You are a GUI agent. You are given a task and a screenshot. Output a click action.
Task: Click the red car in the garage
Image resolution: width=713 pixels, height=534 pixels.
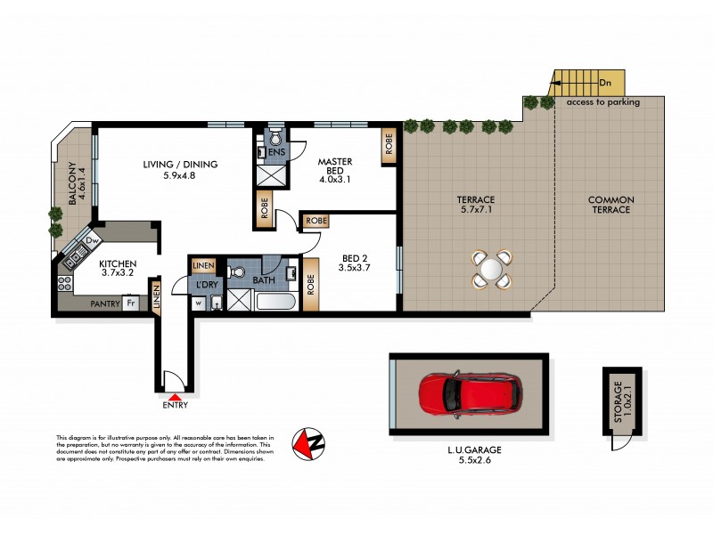pos(467,394)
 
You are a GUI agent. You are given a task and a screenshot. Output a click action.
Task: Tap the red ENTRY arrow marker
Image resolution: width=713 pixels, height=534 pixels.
pos(176,398)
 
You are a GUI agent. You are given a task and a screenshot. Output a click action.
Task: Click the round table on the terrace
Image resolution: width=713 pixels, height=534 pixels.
pos(492,268)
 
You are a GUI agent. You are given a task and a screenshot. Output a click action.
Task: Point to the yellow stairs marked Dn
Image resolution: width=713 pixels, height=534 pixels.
pos(576,84)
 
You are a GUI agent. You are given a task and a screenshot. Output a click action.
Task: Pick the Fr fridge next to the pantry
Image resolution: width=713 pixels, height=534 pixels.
pos(130,303)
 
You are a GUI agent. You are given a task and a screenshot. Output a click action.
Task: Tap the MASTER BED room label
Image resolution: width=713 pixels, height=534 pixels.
pos(336,166)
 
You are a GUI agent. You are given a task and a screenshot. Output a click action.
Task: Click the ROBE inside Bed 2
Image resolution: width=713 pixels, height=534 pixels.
pos(311,283)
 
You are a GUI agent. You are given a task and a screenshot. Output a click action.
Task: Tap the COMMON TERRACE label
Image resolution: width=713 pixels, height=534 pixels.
pos(610,205)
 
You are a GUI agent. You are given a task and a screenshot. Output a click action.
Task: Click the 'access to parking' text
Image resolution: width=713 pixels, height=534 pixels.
pos(602,102)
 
